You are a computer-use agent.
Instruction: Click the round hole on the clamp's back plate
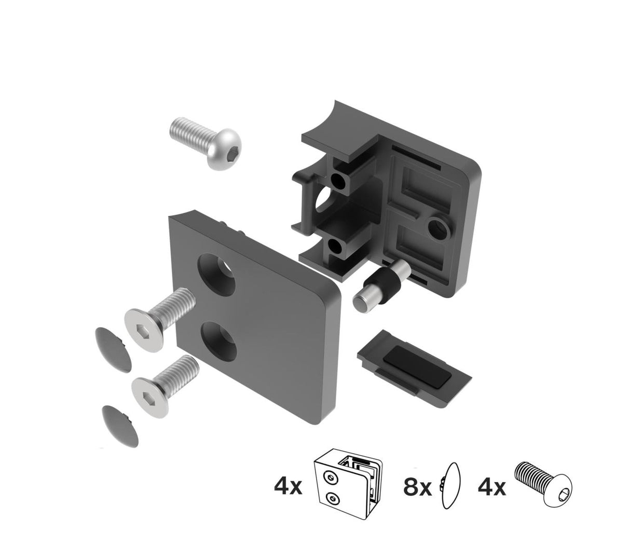pos(438,226)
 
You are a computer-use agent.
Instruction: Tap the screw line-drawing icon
pos(542,482)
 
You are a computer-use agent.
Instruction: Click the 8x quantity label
pos(417,488)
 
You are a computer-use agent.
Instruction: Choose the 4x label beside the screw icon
pos(490,488)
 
